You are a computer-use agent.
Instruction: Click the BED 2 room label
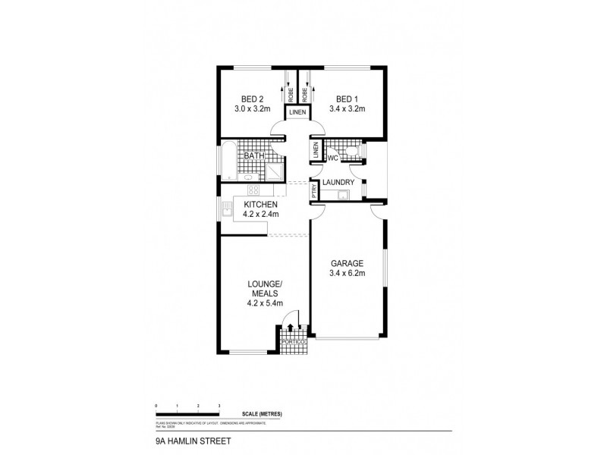coord(252,99)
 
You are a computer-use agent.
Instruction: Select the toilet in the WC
coord(350,153)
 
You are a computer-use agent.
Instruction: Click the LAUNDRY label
coord(338,183)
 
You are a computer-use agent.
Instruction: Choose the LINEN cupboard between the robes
coord(297,113)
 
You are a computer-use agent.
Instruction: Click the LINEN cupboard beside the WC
coord(315,152)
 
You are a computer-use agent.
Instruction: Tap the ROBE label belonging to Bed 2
coord(291,95)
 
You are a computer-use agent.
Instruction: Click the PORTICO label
coord(293,343)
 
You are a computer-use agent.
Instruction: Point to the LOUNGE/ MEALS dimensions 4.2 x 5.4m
coord(265,303)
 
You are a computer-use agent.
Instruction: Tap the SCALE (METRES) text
coord(263,413)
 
